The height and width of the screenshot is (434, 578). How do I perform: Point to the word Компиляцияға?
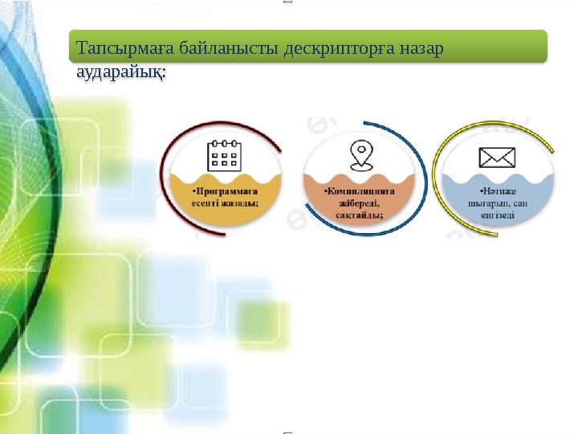coord(360,193)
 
